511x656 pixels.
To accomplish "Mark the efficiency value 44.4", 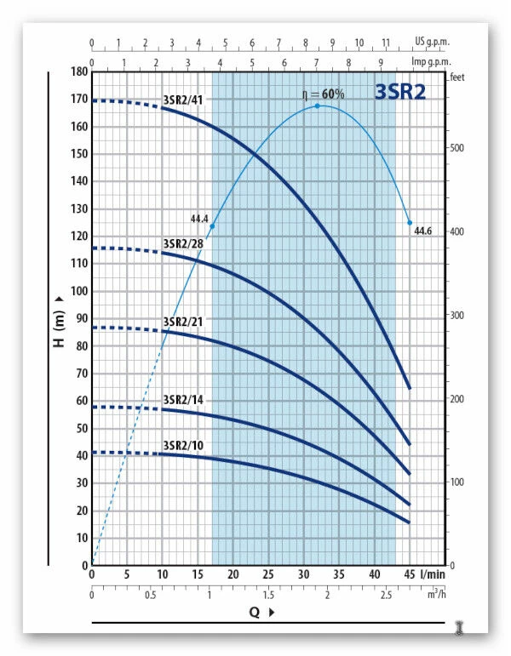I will [200, 219].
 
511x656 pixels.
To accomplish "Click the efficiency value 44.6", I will [423, 231].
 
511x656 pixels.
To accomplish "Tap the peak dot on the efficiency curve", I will [318, 106].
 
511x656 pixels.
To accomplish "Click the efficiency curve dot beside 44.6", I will [410, 223].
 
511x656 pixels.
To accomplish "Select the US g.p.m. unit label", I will [431, 41].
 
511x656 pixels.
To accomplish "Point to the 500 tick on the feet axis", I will [456, 148].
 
